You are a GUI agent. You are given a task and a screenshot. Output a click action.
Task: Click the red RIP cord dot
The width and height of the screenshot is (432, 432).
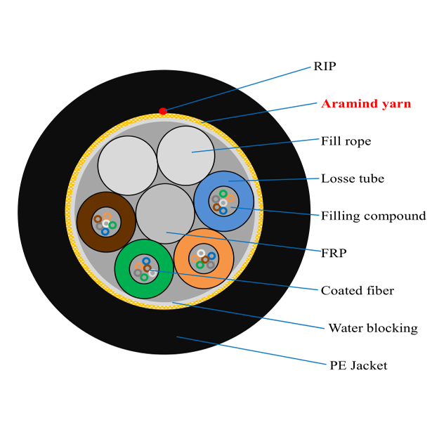(163, 111)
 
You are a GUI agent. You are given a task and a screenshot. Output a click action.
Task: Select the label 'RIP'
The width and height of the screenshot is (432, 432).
(325, 67)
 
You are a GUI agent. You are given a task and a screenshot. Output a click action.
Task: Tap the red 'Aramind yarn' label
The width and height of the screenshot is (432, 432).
(365, 103)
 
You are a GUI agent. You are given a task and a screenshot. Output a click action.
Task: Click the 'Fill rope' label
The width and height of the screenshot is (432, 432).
(346, 141)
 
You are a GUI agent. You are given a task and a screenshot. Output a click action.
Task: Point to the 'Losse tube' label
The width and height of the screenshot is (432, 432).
(352, 178)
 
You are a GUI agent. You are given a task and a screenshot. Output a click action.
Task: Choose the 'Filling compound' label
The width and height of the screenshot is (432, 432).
(373, 216)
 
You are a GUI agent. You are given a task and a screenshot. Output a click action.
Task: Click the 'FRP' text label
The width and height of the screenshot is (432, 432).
(334, 253)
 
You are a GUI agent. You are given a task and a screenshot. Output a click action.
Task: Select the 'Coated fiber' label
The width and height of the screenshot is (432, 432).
(357, 290)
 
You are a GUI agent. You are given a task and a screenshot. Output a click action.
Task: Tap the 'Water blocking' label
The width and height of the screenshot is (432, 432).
(372, 328)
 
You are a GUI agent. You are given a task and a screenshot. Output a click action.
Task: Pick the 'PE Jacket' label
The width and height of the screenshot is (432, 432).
(358, 365)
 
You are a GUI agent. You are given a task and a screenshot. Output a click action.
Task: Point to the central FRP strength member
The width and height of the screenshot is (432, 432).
(164, 214)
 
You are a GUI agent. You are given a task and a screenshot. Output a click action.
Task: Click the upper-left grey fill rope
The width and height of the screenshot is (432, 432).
(127, 165)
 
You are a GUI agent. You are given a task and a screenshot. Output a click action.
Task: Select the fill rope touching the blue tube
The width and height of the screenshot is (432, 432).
(185, 155)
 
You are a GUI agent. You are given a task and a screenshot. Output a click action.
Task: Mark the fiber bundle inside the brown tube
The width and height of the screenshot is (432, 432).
(106, 223)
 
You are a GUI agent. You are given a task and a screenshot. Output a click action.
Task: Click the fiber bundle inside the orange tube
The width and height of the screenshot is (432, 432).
(203, 258)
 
